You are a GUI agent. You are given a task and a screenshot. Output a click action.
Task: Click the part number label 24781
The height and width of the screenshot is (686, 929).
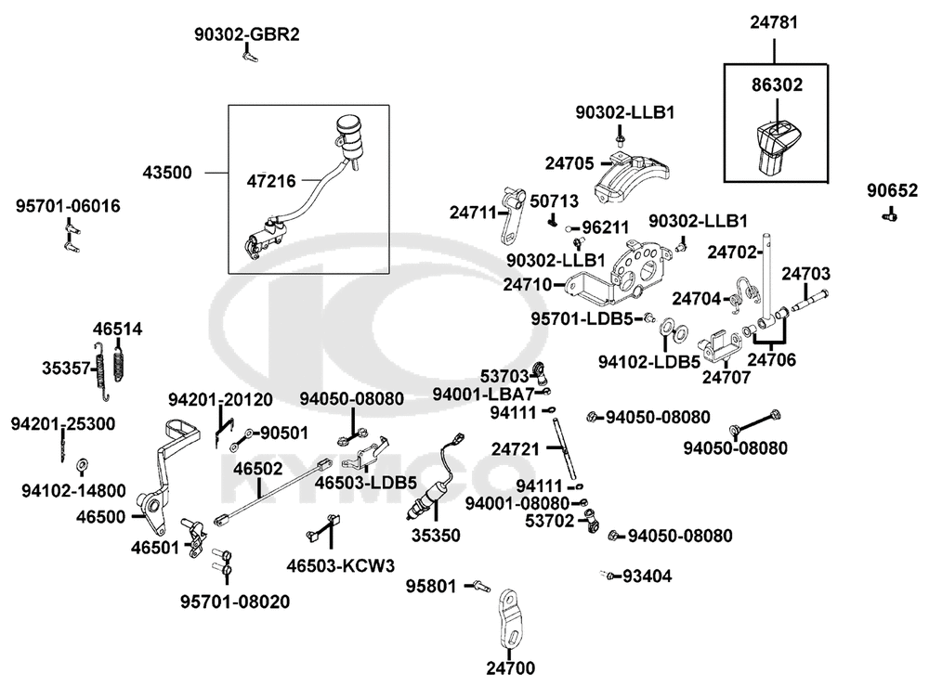tap(774, 22)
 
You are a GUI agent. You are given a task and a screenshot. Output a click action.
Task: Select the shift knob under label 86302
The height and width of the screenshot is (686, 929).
tap(774, 148)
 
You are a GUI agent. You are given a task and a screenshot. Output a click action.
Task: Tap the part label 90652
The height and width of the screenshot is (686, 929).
tap(892, 190)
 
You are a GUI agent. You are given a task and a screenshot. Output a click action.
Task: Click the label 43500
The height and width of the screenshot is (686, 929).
tap(167, 173)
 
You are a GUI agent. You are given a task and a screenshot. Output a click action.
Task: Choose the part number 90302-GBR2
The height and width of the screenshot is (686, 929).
tap(247, 34)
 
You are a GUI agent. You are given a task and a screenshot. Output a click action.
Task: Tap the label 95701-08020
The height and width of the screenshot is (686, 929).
tap(235, 602)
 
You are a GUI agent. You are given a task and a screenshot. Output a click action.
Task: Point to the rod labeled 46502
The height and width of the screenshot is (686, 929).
tap(272, 490)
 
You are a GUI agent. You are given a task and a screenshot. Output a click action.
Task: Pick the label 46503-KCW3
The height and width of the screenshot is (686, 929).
tap(341, 566)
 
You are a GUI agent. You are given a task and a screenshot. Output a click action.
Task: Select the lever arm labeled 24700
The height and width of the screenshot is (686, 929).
tap(509, 621)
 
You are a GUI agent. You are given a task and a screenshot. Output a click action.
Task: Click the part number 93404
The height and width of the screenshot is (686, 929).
tap(647, 576)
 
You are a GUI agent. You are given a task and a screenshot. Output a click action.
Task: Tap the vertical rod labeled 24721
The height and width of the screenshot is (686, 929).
tap(565, 449)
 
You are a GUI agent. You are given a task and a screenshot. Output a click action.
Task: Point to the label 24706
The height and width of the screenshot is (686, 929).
tap(771, 360)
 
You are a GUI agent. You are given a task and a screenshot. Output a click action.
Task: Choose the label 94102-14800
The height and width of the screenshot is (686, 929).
tap(73, 491)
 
